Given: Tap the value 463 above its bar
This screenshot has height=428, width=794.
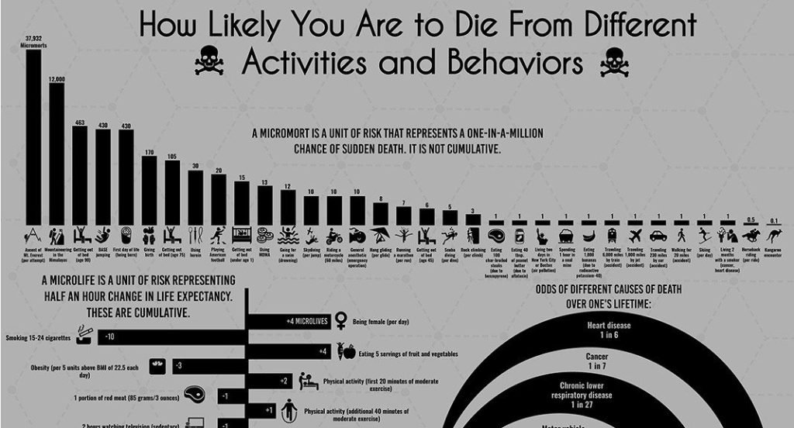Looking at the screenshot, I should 79,123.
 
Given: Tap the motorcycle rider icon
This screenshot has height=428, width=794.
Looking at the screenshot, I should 334,235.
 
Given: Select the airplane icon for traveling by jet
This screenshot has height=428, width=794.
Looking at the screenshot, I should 635,234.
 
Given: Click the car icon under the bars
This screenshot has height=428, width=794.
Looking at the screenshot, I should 658,235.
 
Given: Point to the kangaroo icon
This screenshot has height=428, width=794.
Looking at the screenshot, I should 774,234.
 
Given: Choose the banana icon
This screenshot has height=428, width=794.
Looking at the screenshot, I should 589,235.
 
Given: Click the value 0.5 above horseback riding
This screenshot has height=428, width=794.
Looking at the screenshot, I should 751,219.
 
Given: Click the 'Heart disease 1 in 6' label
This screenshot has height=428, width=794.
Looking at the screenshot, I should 608,330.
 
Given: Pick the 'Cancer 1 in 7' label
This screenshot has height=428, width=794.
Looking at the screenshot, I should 596,361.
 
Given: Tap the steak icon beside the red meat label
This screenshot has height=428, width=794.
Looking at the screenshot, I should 195,397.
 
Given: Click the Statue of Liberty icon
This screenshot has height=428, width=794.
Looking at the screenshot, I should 543,235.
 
